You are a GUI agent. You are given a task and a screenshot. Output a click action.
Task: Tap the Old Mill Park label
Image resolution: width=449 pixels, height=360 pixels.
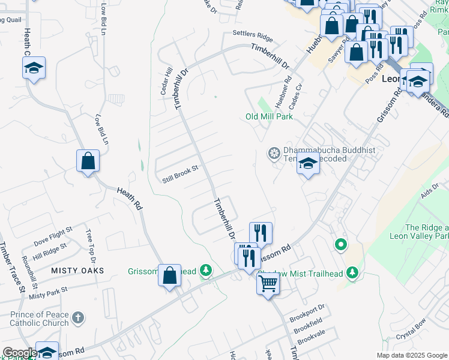269,116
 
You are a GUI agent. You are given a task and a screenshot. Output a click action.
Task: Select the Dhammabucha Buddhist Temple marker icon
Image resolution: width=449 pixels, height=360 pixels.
274,154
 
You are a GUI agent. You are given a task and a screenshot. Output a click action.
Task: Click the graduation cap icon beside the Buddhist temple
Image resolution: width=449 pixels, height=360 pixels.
308,163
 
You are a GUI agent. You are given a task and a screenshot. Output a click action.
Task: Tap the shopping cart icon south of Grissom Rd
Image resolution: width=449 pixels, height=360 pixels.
268,282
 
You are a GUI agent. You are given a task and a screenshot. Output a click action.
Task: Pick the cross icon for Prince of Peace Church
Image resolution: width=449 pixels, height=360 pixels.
77,317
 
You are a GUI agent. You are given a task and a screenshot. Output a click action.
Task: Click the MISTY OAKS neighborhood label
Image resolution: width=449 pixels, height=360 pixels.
77,271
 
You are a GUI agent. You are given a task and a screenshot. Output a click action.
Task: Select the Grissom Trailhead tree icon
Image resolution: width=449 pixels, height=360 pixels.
206,271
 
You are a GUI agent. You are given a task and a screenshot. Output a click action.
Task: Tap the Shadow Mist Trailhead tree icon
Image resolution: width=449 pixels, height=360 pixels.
352,274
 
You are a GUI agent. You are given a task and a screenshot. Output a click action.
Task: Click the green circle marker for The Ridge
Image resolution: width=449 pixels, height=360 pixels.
341,244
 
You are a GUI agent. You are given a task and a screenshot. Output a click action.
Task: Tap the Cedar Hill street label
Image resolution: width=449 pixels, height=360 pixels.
166,79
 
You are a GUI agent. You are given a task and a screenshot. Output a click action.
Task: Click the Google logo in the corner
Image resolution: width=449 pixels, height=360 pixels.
20,353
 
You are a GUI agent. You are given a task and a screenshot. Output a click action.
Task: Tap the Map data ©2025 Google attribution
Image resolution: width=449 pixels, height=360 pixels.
411,355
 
